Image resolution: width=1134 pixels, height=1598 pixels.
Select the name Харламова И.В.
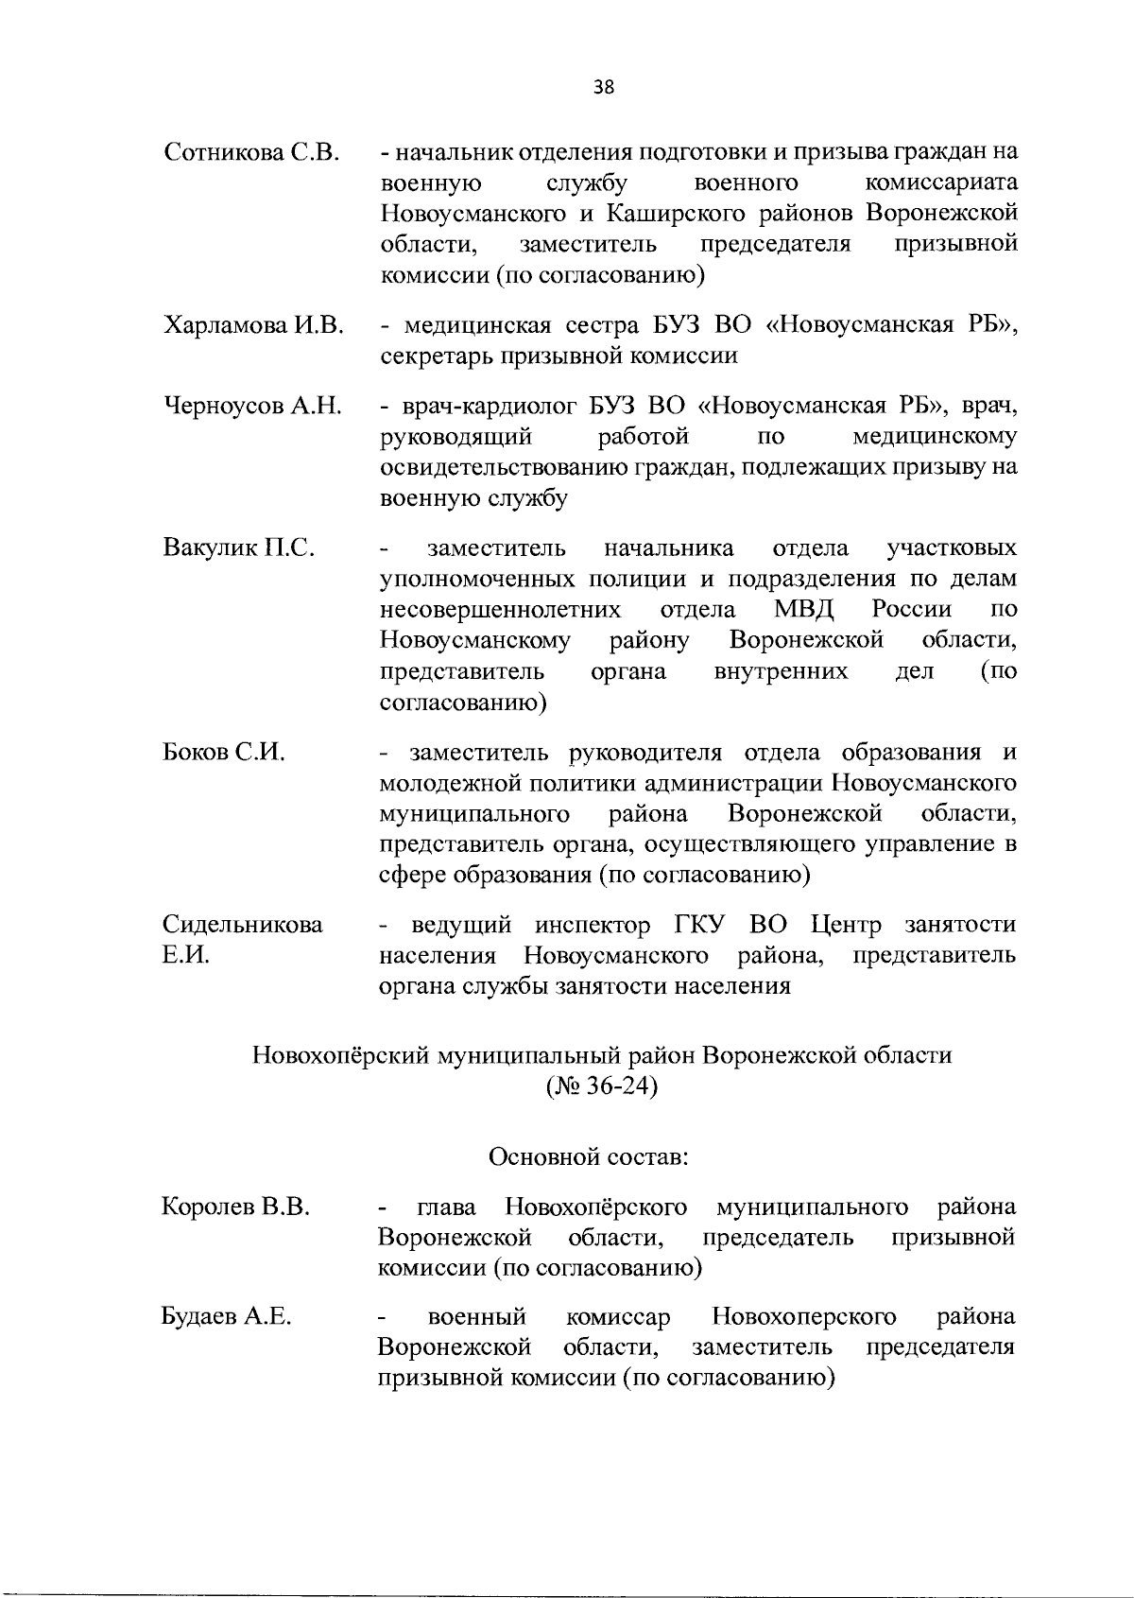253,326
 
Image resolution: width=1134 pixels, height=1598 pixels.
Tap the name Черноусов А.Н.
253,408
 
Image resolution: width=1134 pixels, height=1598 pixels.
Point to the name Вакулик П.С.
239,548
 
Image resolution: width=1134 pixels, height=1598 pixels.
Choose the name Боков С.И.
225,754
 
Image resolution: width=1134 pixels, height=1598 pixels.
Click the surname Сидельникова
242,925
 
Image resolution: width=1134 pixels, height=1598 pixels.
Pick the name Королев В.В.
236,1207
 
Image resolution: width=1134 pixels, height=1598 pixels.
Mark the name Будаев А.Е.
226,1316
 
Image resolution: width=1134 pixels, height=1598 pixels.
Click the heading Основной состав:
588,1156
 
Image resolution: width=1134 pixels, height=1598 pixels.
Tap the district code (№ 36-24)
602,1086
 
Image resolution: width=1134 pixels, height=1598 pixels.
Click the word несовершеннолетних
500,610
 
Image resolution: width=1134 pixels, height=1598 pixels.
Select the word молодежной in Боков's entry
437,784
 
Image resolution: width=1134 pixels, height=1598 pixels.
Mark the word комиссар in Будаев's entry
618,1316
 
